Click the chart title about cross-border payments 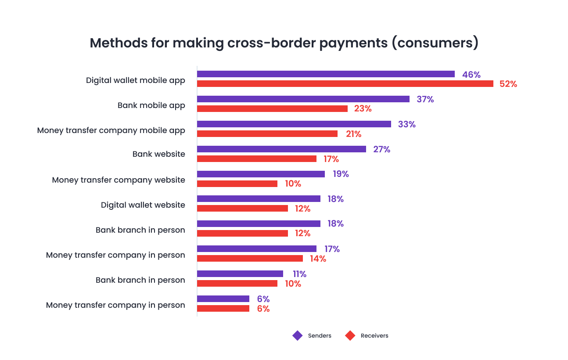(x=284, y=43)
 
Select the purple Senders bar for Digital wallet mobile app (x=325, y=74)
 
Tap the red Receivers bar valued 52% (x=345, y=84)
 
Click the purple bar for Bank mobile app (x=303, y=99)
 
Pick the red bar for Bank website (x=256, y=159)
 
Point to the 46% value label (x=471, y=75)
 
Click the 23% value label (x=363, y=109)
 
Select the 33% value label (x=406, y=124)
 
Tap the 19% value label (x=341, y=174)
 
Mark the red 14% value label (x=318, y=259)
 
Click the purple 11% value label (x=299, y=274)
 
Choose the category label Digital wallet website (x=143, y=205)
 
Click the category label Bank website (x=158, y=154)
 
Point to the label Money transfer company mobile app (x=111, y=130)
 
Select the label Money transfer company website (x=119, y=180)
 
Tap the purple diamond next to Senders (x=298, y=336)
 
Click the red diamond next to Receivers (x=350, y=336)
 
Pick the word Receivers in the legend (x=374, y=336)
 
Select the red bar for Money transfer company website (x=237, y=184)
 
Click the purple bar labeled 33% (x=294, y=124)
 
